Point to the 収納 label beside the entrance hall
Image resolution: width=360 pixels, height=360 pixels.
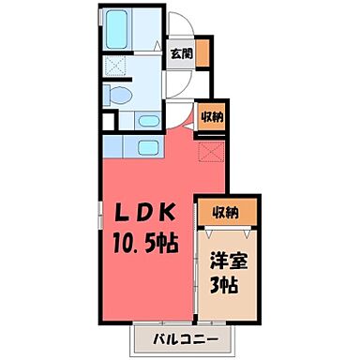[212, 117]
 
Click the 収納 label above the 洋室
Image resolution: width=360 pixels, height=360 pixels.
[224, 211]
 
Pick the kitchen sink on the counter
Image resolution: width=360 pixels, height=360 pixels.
[148, 146]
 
